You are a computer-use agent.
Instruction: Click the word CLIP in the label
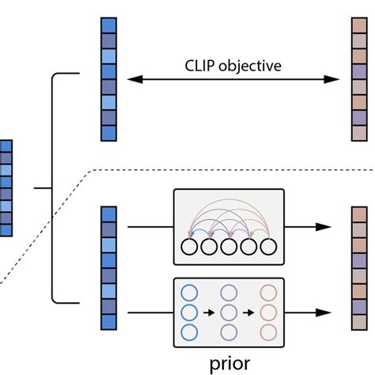tap(202, 66)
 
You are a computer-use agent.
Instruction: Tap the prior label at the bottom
tap(230, 363)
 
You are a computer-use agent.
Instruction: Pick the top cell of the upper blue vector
tap(108, 25)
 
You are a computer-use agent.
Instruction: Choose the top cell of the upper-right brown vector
tap(358, 25)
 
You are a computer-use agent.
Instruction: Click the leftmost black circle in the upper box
tap(190, 247)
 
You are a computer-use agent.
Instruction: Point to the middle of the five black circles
tap(229, 247)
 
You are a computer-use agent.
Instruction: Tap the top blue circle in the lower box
tap(190, 292)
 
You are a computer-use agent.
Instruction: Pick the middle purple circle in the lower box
tap(229, 312)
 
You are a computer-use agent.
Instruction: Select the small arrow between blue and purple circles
tap(210, 312)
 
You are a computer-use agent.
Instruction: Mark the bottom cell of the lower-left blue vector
tap(108, 322)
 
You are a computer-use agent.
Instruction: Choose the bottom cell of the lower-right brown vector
tap(358, 322)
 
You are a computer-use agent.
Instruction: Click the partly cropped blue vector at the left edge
tap(6, 187)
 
